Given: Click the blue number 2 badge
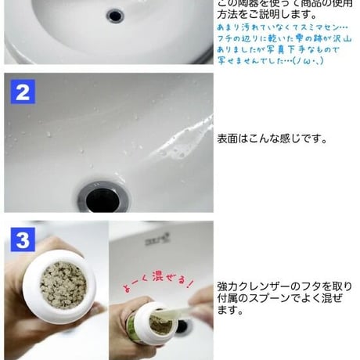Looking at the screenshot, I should click(x=23, y=93).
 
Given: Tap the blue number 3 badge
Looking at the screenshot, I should click(x=23, y=239).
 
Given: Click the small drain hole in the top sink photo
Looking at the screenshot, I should click(x=115, y=14).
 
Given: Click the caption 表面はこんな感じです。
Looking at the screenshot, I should click(x=271, y=139).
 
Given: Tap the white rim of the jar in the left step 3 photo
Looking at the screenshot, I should click(x=54, y=257).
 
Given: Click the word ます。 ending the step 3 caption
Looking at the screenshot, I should click(x=229, y=311).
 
